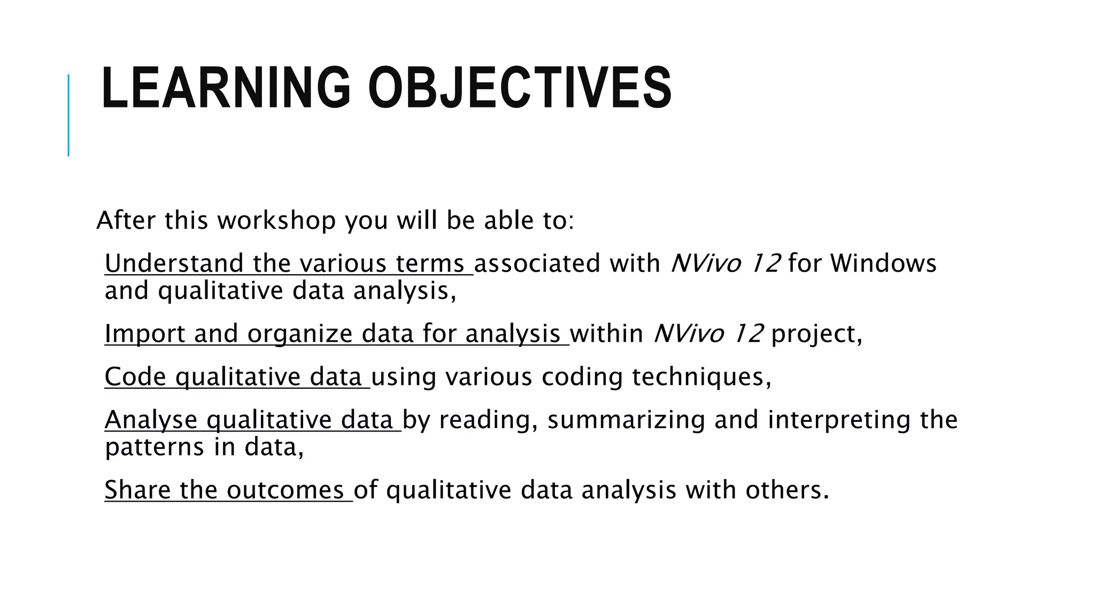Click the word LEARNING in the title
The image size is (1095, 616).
coord(225,88)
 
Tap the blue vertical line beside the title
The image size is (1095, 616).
coord(68,115)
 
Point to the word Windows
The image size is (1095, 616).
coord(883,264)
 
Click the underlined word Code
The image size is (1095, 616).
coord(135,377)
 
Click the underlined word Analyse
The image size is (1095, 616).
coord(151,420)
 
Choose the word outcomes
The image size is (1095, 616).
coord(285,490)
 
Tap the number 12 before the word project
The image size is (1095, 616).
coord(748,334)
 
